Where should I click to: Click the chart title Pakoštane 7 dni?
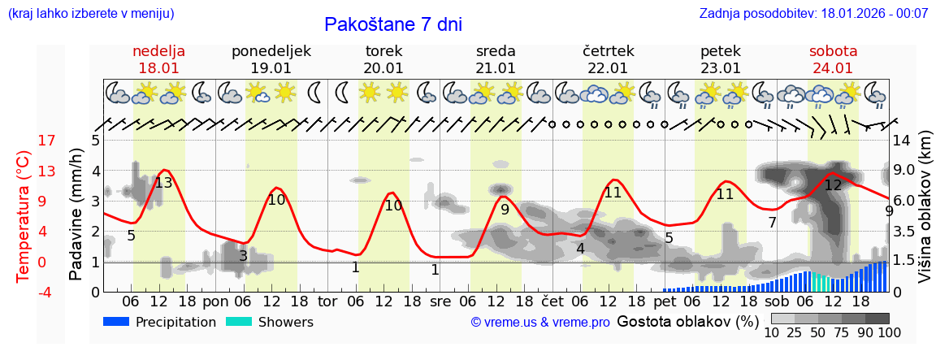pyautogui.click(x=392, y=24)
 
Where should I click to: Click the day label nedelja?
pyautogui.click(x=159, y=51)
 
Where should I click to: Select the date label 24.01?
pyautogui.click(x=833, y=68)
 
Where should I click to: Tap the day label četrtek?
pyautogui.click(x=609, y=51)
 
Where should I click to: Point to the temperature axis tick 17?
pyautogui.click(x=24, y=141)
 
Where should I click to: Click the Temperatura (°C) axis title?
pyautogui.click(x=24, y=216)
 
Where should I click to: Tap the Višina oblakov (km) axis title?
pyautogui.click(x=925, y=216)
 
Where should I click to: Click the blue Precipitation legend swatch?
pyautogui.click(x=117, y=322)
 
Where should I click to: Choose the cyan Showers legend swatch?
pyautogui.click(x=239, y=322)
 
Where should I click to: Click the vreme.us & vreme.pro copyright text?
pyautogui.click(x=539, y=323)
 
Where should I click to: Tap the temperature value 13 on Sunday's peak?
pyautogui.click(x=163, y=182)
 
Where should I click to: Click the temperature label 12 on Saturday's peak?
pyautogui.click(x=833, y=185)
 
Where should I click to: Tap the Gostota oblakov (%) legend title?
pyautogui.click(x=687, y=321)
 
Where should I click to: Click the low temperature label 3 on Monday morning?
pyautogui.click(x=243, y=256)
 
